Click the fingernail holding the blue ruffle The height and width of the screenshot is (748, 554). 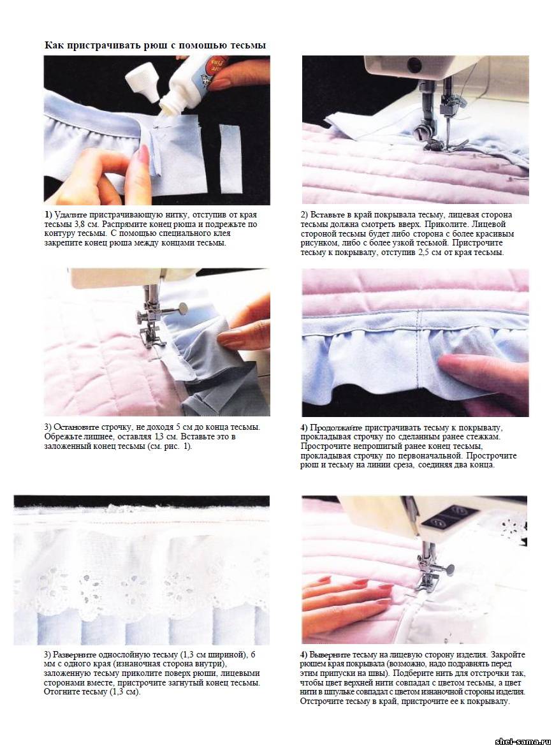pos(232,338)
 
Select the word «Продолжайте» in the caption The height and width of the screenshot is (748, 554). pos(336,427)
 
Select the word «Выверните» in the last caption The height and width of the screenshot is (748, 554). pos(330,655)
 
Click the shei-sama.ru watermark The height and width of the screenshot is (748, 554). pos(523,742)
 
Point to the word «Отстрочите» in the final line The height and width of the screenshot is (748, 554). pos(323,701)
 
